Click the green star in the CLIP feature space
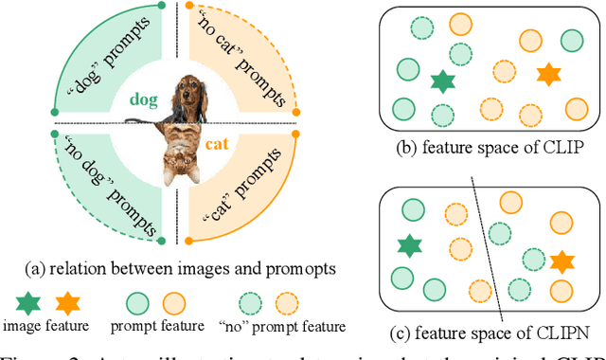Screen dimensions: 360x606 click(441, 81)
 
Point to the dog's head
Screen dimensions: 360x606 click(194, 93)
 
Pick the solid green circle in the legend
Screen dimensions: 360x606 click(138, 303)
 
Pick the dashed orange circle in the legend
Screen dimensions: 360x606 click(285, 303)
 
